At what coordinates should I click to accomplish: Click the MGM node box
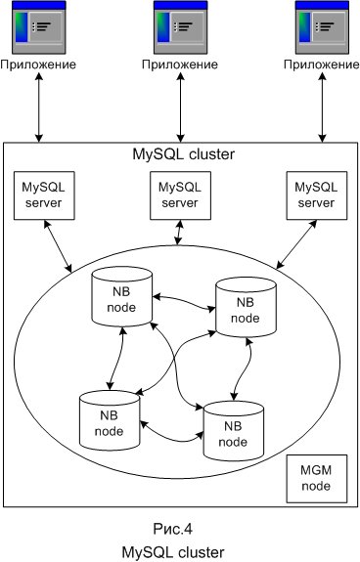[315, 479]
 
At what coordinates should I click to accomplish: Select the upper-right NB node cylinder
[242, 305]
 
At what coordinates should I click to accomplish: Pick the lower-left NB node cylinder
[107, 417]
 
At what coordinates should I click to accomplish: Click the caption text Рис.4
[179, 529]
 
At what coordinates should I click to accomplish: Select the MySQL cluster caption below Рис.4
[179, 551]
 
